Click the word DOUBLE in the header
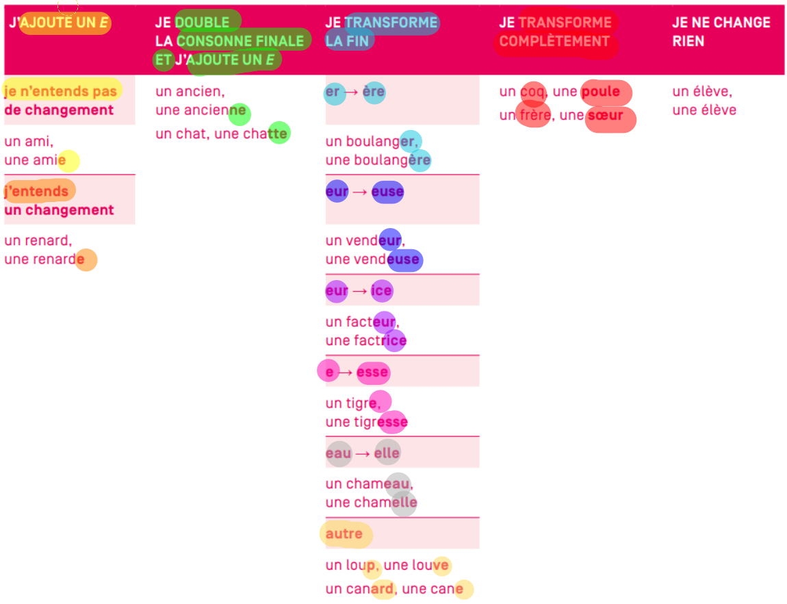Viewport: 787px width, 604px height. [202, 23]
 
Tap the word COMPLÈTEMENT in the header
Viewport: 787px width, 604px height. [554, 41]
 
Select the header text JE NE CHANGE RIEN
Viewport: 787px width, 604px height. [721, 32]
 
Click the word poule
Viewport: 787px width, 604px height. [600, 92]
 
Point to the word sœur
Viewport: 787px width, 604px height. [605, 116]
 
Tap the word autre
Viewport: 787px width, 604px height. [344, 534]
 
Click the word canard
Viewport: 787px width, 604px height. [370, 589]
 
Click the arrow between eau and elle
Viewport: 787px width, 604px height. [363, 453]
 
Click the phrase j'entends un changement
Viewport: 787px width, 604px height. [59, 201]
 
